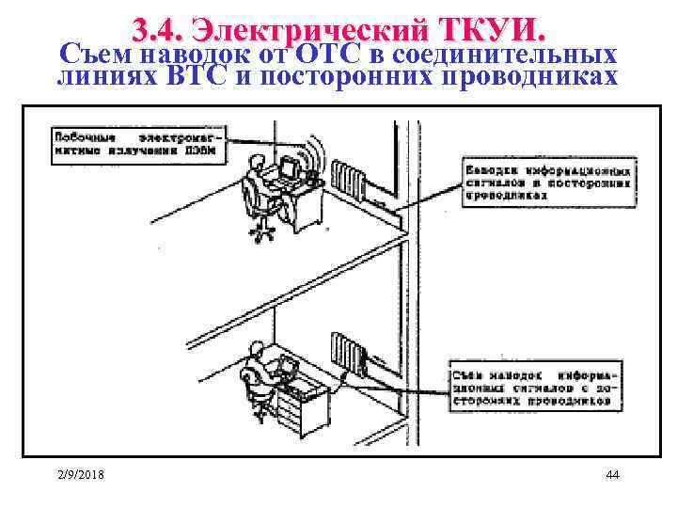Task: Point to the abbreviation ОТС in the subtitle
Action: click(x=323, y=54)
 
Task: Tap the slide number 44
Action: click(x=612, y=474)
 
